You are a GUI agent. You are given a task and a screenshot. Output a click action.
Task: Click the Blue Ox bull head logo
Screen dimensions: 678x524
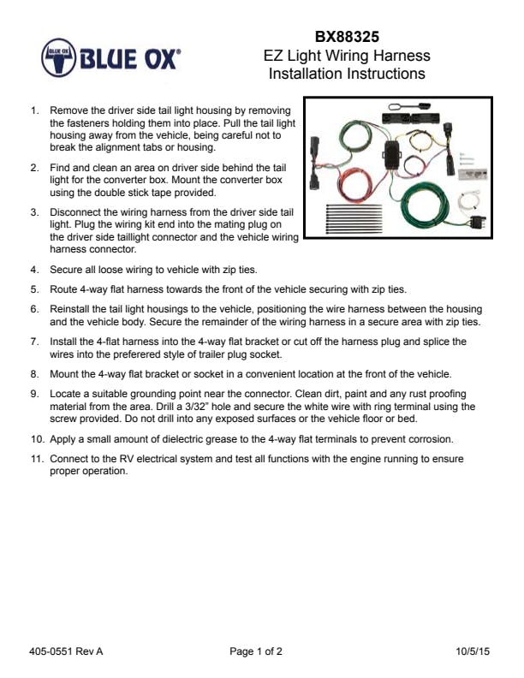(x=57, y=57)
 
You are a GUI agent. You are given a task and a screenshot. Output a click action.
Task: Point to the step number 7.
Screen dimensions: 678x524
(x=34, y=342)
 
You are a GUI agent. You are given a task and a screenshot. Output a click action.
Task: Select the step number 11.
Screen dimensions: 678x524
(x=37, y=460)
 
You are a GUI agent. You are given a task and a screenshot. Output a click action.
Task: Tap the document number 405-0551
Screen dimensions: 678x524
(x=53, y=651)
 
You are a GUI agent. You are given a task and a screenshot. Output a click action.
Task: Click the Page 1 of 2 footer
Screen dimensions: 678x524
(x=256, y=651)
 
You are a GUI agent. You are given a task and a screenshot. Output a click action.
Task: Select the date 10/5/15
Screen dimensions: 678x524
(x=473, y=651)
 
